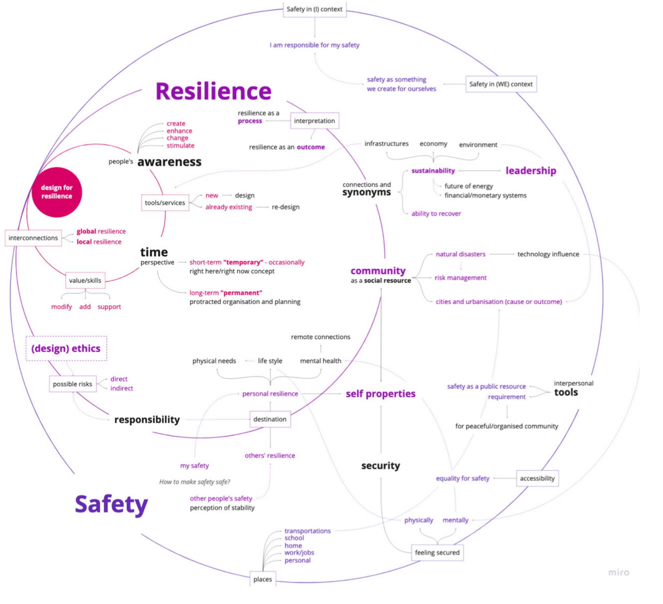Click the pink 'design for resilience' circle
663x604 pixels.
point(57,192)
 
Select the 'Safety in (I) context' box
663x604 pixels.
point(315,9)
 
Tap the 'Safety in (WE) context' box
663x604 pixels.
point(501,84)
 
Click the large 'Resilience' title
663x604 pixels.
point(213,91)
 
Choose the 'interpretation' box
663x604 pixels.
point(315,121)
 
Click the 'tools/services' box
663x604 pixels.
point(165,203)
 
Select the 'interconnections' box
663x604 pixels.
point(33,238)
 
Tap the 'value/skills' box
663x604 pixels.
point(85,280)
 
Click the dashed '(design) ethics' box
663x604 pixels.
point(66,348)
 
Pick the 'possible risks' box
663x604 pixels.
point(73,384)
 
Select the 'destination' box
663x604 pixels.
point(270,419)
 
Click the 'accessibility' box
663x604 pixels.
point(537,478)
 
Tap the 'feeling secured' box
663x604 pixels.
point(437,553)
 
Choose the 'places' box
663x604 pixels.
point(263,579)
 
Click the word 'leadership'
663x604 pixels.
point(531,171)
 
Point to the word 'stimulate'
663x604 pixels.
point(180,146)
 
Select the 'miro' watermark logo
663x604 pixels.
point(619,572)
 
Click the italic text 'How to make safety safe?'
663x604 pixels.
point(195,482)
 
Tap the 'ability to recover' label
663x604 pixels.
point(436,214)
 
